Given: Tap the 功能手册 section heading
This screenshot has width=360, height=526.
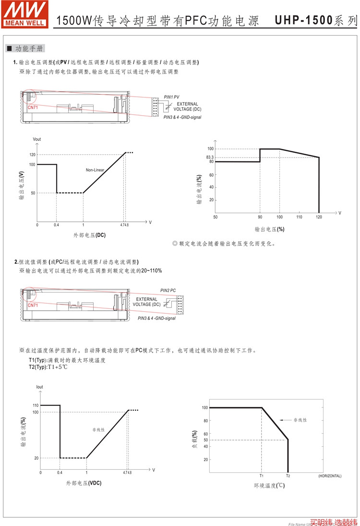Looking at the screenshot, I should (x=29, y=49).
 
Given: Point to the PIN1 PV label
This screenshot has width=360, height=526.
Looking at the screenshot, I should (x=171, y=97).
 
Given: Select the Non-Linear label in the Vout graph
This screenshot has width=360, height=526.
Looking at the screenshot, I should (x=96, y=170).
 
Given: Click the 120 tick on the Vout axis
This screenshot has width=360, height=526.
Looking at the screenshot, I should (x=32, y=154).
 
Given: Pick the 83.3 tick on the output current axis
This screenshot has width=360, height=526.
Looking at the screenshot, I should (x=210, y=158).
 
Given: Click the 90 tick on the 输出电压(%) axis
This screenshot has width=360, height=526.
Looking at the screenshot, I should (x=260, y=218).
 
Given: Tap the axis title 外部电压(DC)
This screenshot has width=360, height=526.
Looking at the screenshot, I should (x=89, y=235).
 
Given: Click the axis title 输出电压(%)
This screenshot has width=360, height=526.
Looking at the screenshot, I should (x=269, y=229).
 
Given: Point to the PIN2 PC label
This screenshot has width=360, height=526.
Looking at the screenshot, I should (x=168, y=291).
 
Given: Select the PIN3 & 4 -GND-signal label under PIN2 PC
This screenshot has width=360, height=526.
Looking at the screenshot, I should (x=156, y=318).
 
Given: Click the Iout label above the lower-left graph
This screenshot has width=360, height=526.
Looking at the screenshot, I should (x=39, y=387).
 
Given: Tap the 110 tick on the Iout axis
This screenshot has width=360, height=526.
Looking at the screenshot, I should (x=36, y=405).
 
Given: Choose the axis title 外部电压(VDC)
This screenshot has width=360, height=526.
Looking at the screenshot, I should (x=84, y=483).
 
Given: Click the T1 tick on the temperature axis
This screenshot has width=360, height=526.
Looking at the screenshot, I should (x=262, y=476).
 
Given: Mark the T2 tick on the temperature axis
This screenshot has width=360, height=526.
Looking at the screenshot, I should (x=288, y=476).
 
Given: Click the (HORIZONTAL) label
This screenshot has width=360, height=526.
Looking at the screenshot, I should (x=330, y=476).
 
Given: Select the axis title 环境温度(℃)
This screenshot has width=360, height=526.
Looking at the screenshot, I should (x=269, y=486).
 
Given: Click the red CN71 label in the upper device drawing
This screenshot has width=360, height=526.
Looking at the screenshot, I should (x=33, y=108).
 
